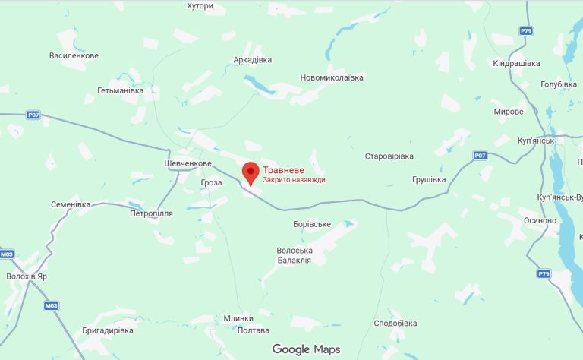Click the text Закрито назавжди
click(295, 180)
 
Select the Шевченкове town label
click(188, 163)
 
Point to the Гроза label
click(212, 183)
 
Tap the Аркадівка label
click(253, 60)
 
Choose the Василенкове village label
click(74, 56)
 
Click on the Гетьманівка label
click(120, 90)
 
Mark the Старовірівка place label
click(389, 156)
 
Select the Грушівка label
click(429, 179)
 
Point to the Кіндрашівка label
click(516, 63)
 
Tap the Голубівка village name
click(560, 84)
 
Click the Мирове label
click(509, 112)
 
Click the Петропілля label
click(152, 213)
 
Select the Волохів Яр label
click(27, 276)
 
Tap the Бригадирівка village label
click(107, 330)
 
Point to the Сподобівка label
click(395, 323)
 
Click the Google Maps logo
click(307, 349)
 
